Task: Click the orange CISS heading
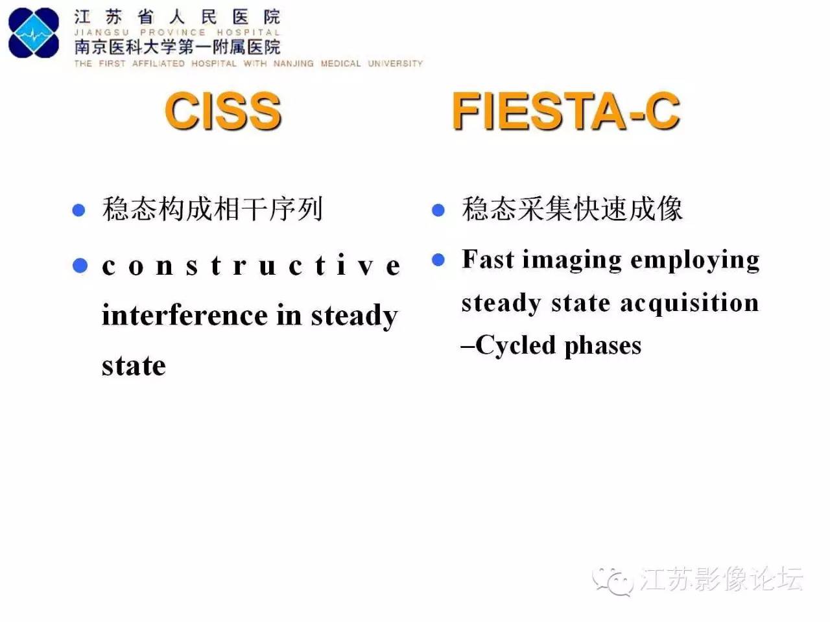222,111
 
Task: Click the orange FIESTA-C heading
565,111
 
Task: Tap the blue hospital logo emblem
34,33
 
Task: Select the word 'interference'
184,316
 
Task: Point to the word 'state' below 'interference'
134,366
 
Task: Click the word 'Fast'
488,259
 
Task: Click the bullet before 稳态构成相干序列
79,210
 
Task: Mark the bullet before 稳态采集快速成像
438,210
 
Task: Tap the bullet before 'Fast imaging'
438,260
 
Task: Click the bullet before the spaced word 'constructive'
80,266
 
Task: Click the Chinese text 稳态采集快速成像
572,209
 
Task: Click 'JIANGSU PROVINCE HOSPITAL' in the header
176,32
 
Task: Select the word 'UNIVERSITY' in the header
395,63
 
